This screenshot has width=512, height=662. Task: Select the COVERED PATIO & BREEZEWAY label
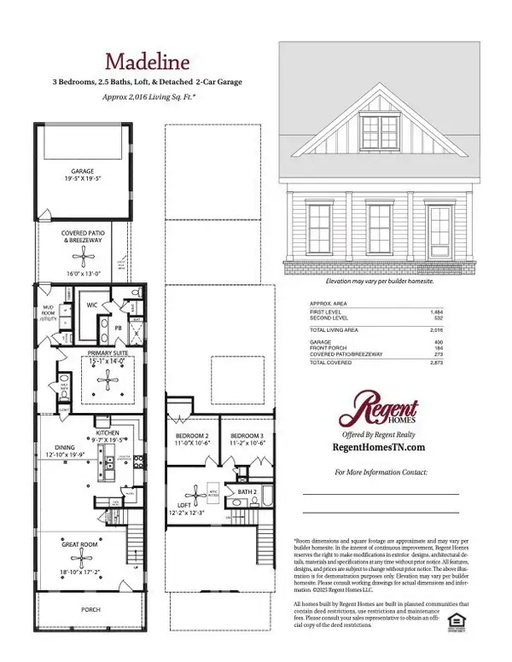pos(83,236)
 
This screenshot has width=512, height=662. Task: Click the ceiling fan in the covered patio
pos(83,256)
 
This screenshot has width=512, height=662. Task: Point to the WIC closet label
pos(94,302)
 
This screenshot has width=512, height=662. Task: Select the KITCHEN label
pos(108,433)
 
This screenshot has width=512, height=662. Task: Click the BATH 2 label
pos(247,492)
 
